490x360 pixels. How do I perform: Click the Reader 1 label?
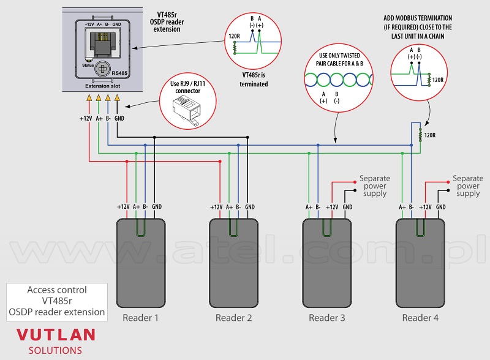140,318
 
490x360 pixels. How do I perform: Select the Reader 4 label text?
420,318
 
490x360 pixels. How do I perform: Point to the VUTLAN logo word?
56,335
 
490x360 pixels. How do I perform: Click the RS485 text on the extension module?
119,73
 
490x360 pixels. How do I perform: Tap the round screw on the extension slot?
102,69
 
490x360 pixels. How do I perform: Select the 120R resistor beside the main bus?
420,135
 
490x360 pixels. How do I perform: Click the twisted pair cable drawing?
339,80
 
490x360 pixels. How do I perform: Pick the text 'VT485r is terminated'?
254,80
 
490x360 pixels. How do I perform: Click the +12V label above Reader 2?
216,207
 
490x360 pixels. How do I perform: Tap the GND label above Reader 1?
157,206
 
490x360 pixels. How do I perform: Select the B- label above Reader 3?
318,207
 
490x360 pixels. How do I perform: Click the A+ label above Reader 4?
402,207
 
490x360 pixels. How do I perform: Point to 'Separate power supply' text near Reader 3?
375,186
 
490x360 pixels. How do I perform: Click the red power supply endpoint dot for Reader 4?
448,182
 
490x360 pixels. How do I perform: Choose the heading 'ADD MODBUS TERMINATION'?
418,18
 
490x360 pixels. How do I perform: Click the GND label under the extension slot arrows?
119,118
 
